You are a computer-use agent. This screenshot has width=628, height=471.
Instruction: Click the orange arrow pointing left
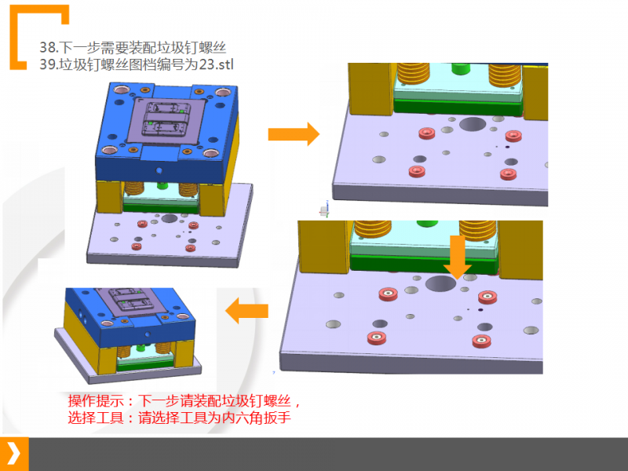click(246, 312)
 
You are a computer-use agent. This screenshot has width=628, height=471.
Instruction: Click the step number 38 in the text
click(46, 47)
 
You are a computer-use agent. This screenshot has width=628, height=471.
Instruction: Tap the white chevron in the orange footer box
click(13, 454)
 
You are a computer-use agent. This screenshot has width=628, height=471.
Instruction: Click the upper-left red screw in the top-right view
click(428, 133)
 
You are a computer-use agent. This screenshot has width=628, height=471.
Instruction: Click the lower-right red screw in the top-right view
click(506, 173)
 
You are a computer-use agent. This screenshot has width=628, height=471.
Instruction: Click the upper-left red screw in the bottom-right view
click(388, 294)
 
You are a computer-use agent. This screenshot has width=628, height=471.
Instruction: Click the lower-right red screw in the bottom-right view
click(480, 340)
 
